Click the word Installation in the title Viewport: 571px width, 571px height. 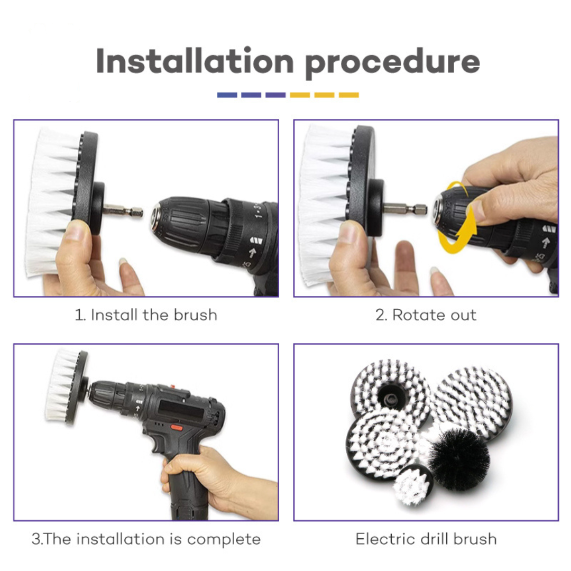(x=195, y=61)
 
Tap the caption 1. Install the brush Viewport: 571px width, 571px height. (x=146, y=315)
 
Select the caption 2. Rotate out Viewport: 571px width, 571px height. (x=426, y=315)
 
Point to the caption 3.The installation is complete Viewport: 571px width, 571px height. (x=146, y=539)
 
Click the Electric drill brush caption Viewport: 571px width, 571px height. (x=426, y=539)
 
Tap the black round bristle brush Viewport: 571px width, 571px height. (x=459, y=459)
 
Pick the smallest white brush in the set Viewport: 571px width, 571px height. (x=413, y=485)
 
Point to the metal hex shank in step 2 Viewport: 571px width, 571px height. (x=406, y=209)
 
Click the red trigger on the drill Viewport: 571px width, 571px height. (x=177, y=428)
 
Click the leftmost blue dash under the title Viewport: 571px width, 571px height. (x=227, y=95)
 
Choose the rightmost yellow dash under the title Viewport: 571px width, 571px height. (x=349, y=95)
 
